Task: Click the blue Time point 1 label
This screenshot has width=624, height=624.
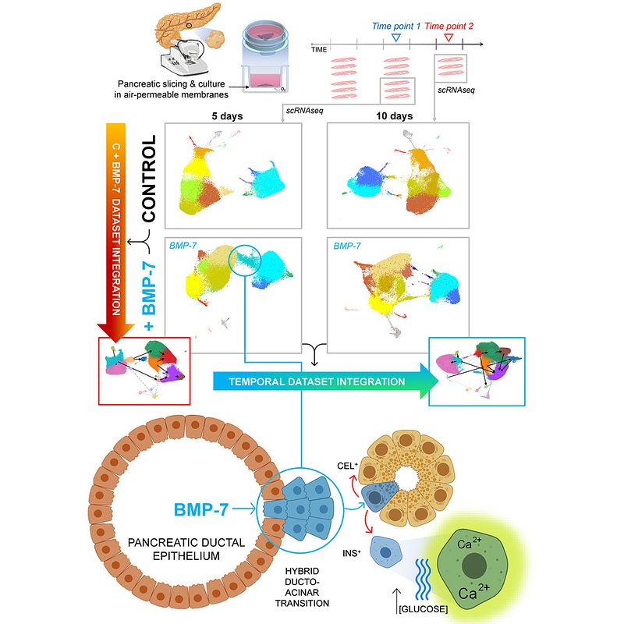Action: pos(395,25)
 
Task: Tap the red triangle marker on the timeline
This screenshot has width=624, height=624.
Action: pos(447,37)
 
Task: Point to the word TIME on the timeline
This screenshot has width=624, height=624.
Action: pos(319,49)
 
